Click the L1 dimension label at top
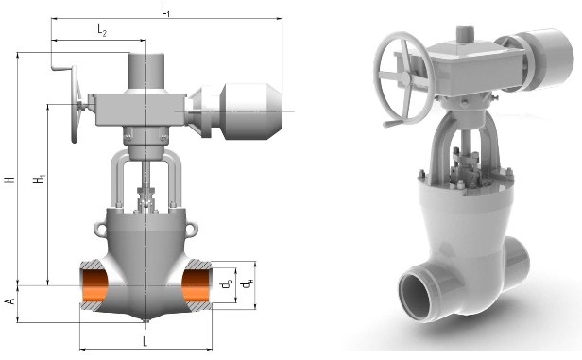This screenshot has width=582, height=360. click(x=166, y=10)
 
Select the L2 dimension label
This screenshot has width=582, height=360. click(x=102, y=29)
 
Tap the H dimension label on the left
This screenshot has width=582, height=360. click(x=10, y=180)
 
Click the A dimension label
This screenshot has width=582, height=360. click(x=10, y=300)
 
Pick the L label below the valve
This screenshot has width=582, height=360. click(x=145, y=341)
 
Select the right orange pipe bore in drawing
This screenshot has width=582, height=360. click(x=197, y=285)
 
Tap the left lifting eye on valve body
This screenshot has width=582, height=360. click(x=100, y=229)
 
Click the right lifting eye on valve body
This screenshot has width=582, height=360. click(x=192, y=229)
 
